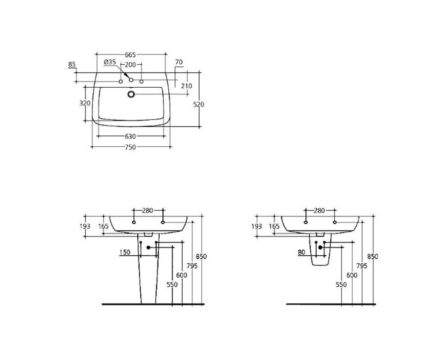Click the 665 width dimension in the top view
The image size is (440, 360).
(130, 54)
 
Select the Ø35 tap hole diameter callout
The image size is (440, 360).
(110, 62)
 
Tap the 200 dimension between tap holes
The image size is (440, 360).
(130, 65)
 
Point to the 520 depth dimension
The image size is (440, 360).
(199, 105)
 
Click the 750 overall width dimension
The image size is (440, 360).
(130, 147)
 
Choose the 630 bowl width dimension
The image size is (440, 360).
(130, 137)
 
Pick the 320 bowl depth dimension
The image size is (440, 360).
(85, 103)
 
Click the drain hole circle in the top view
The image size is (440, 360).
(131, 94)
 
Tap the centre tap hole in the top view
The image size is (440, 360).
(131, 80)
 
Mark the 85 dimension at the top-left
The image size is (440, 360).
(72, 64)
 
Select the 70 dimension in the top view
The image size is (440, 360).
(179, 62)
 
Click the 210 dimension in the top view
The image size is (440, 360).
(187, 86)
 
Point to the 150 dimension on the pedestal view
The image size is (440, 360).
(125, 252)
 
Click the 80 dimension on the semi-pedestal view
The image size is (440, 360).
(301, 252)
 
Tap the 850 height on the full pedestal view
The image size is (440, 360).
(201, 256)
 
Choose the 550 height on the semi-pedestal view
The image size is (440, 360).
(341, 284)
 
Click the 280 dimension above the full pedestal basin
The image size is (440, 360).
(148, 211)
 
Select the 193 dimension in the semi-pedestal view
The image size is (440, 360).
(256, 226)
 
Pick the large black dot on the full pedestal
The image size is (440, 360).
(148, 247)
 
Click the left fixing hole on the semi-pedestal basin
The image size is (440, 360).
(305, 222)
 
